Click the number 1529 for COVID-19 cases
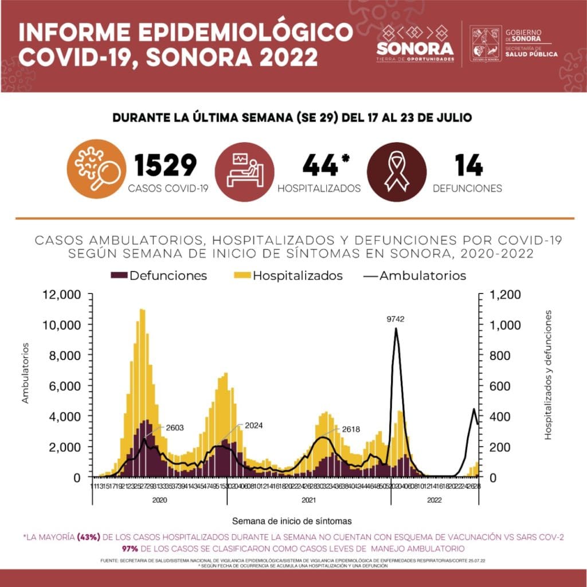166,165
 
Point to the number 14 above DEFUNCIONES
468,165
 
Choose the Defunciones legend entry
159,276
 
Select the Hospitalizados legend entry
290,276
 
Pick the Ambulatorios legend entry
415,276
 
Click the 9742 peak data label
395,319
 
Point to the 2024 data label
253,426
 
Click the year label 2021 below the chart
309,500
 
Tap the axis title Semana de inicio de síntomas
292,521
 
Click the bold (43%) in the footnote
89,538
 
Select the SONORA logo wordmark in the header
414,46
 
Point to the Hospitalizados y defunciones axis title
548,375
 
